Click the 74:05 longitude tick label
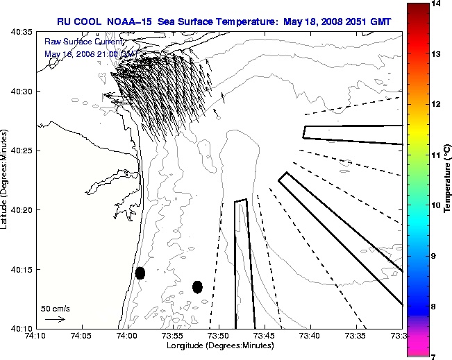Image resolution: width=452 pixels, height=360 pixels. coord(81,336)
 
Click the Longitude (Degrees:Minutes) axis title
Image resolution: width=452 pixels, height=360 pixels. coord(219,345)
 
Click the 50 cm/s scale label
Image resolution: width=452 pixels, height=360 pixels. coord(56,308)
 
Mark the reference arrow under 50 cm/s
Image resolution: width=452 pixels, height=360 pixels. coord(55,319)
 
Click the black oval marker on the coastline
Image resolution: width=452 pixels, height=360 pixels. coord(140,273)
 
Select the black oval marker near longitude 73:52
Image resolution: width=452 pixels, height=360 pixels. coord(197,286)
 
